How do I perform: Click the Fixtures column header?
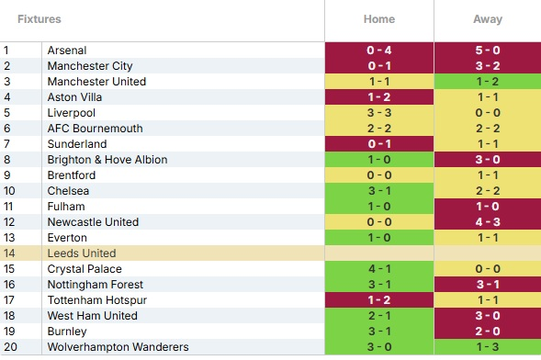pos(39,19)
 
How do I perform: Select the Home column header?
pos(379,19)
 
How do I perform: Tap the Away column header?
pos(488,19)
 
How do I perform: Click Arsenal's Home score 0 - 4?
pos(379,51)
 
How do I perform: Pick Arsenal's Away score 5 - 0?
pos(488,51)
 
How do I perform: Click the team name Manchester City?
pos(90,66)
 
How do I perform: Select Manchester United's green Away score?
pos(488,82)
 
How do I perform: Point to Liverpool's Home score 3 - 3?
pos(379,113)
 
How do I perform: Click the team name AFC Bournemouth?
pos(96,129)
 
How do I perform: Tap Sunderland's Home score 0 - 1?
pos(379,144)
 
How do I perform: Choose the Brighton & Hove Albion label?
pos(107,160)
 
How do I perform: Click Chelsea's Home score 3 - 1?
pos(379,191)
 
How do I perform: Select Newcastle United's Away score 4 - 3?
pos(488,222)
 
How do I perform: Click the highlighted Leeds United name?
pos(82,253)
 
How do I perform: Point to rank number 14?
pos(9,253)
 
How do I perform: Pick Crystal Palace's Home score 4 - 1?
pos(379,268)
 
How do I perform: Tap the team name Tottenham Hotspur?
pos(97,300)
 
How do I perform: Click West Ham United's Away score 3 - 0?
pos(488,316)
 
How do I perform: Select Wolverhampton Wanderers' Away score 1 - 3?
pos(488,347)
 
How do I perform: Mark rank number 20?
pos(10,347)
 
